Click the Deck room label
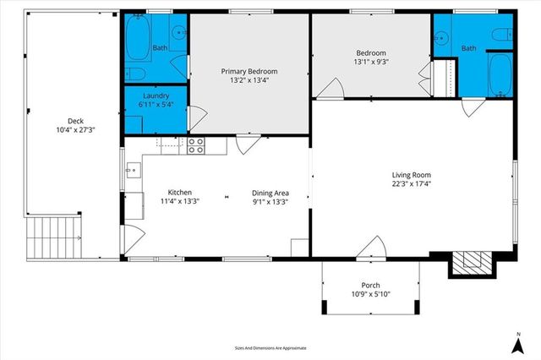pos(63,120)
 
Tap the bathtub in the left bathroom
pos(136,36)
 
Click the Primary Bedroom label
pos(249,71)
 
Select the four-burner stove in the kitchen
pos(196,146)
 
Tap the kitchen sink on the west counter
pos(131,172)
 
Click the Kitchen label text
pos(179,192)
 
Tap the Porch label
pos(370,285)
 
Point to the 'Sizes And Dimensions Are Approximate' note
pos(270,347)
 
